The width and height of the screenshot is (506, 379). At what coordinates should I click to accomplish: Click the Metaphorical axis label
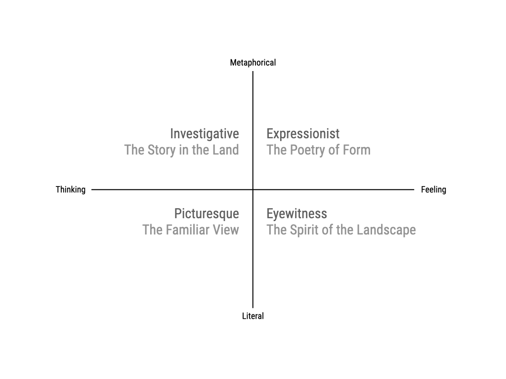point(253,63)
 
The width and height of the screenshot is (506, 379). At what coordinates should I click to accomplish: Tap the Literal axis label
point(253,316)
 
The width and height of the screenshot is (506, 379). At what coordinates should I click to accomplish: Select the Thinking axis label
point(70,189)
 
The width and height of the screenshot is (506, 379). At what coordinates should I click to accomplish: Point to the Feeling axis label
point(433,189)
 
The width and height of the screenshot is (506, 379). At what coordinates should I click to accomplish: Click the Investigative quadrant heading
point(205,134)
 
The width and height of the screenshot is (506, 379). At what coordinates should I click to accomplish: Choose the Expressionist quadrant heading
point(303,134)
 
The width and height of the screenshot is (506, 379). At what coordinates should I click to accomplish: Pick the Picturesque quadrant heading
point(207,214)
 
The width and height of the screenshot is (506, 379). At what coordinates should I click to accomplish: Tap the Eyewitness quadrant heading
point(296,214)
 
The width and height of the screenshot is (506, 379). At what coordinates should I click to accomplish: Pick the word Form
point(356,150)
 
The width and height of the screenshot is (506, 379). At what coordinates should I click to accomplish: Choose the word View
point(227,230)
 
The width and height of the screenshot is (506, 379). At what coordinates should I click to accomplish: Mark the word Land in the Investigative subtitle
point(225,150)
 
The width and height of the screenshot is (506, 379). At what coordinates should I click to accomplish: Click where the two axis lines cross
point(253,189)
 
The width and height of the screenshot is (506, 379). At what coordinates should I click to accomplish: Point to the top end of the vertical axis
point(253,72)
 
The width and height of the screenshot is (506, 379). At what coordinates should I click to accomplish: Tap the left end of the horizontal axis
point(92,189)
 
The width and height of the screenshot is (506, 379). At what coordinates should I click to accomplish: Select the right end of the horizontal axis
point(413,189)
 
